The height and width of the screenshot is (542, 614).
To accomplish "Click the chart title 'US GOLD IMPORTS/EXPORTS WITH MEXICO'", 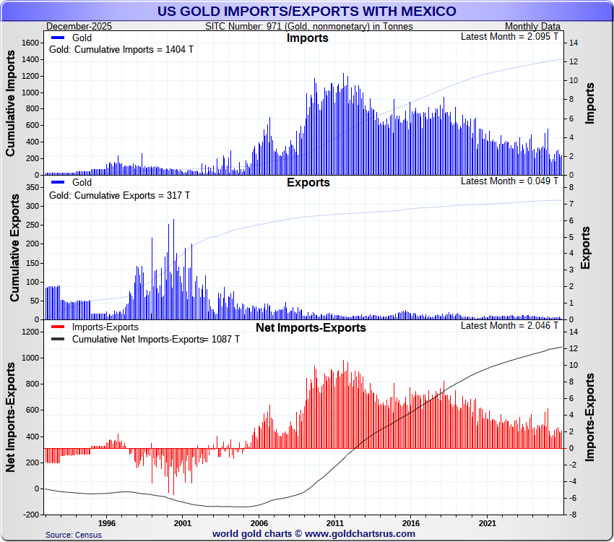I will [x=307, y=11].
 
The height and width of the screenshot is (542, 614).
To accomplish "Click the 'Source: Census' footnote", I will [x=73, y=535].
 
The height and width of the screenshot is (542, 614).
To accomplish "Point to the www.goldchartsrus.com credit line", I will [x=314, y=533].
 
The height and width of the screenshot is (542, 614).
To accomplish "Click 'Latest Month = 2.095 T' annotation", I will [x=509, y=36].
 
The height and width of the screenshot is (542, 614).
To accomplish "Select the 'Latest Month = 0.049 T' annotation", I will [x=509, y=181].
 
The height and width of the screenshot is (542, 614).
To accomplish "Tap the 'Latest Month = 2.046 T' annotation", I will [x=509, y=325].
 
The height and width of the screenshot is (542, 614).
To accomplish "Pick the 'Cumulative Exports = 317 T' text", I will [x=119, y=195].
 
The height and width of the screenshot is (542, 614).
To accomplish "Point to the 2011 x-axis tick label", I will [x=334, y=522].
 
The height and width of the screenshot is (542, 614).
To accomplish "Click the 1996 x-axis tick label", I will [x=106, y=522].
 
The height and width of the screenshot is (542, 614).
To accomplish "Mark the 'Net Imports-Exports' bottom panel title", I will [x=311, y=327].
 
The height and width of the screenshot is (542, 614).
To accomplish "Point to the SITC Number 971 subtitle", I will [x=309, y=26].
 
